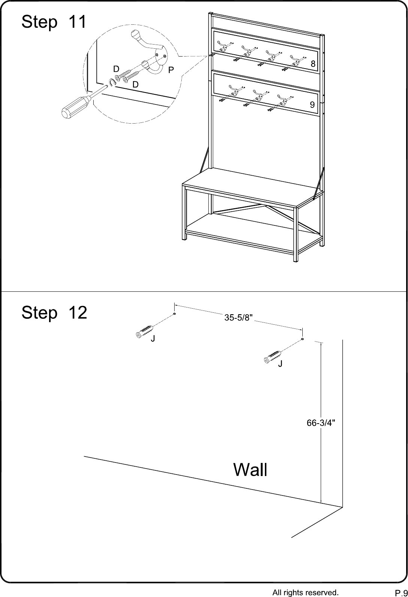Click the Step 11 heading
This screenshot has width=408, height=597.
pyautogui.click(x=54, y=22)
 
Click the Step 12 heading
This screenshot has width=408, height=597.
pyautogui.click(x=54, y=312)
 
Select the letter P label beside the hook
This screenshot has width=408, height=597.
pyautogui.click(x=171, y=70)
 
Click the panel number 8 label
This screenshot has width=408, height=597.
pyautogui.click(x=313, y=64)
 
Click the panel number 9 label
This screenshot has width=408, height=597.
pyautogui.click(x=312, y=105)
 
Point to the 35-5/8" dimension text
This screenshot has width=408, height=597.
pyautogui.click(x=238, y=318)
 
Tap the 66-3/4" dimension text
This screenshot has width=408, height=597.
pyautogui.click(x=321, y=423)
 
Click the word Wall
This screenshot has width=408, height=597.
pyautogui.click(x=250, y=470)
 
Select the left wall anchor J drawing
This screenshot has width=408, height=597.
pyautogui.click(x=145, y=331)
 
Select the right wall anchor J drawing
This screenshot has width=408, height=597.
pyautogui.click(x=273, y=357)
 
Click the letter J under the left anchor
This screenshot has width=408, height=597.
pyautogui.click(x=153, y=339)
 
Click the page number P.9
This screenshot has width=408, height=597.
pyautogui.click(x=401, y=593)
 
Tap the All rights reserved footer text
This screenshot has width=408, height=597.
pyautogui.click(x=305, y=592)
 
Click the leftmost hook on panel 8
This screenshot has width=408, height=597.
pyautogui.click(x=222, y=46)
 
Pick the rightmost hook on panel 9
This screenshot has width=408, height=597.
pyautogui.click(x=282, y=99)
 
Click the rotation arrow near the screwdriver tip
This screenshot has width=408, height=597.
pyautogui.click(x=112, y=82)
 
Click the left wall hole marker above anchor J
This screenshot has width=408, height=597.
pyautogui.click(x=174, y=314)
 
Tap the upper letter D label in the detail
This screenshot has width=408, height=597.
pyautogui.click(x=116, y=69)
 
